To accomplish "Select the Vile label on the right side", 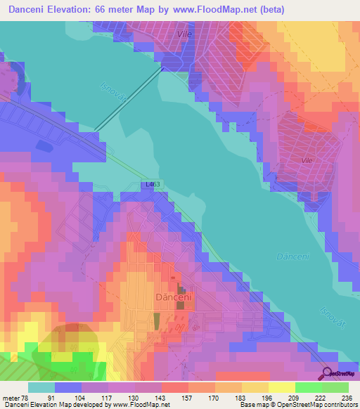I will point(307,161).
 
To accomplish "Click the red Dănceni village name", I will point(173,297).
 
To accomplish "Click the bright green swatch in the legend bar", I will point(308,387).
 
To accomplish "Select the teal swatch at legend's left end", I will point(41,387).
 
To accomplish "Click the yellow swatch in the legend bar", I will point(281,387).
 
